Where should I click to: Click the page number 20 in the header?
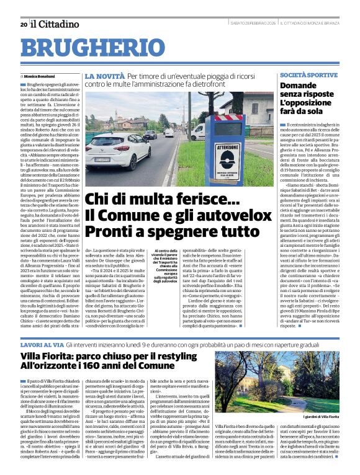[24, 24]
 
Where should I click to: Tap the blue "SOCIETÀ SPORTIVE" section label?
[308, 74]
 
